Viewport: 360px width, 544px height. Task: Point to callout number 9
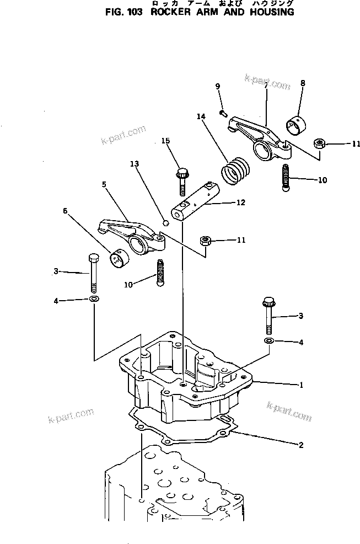coord(218,86)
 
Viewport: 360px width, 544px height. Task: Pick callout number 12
coord(240,203)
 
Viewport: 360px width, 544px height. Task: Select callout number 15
coord(165,142)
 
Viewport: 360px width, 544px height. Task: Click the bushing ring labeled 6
coord(117,257)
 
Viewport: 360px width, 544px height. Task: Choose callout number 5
coord(104,184)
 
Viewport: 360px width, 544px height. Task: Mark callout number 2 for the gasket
coord(301,445)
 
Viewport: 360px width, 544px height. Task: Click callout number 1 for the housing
coord(301,385)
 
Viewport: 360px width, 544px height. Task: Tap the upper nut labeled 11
coord(318,144)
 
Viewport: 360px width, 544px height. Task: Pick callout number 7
coord(266,86)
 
